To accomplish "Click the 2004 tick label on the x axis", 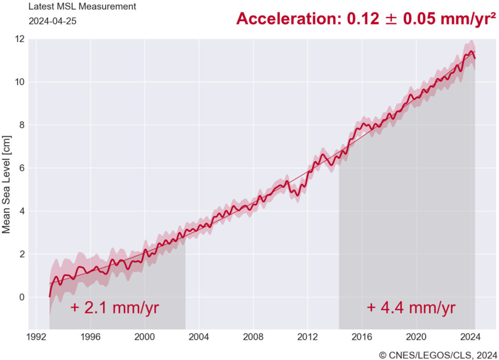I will point(199,336).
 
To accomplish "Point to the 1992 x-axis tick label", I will point(36,336).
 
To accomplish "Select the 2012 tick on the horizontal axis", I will point(308,336).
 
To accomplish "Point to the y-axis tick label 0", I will point(21,297).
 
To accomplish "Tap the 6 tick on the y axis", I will point(21,168).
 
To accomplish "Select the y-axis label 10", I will point(19,82).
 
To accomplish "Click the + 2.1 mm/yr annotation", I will point(114,307).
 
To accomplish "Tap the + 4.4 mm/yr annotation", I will point(411,307).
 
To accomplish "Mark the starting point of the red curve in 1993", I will point(50,297).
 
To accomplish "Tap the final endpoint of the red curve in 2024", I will point(475,58).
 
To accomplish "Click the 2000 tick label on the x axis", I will point(145,336).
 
